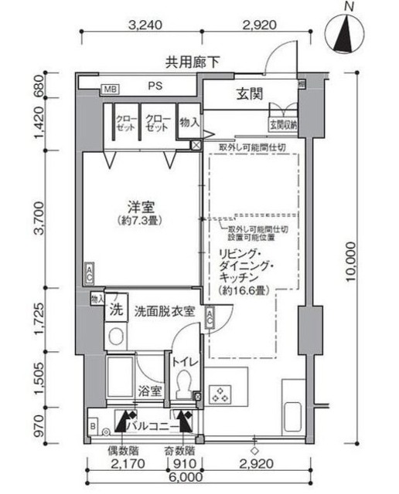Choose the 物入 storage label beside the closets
(x=189, y=122)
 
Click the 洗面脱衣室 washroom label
(x=164, y=311)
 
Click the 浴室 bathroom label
(x=149, y=391)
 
